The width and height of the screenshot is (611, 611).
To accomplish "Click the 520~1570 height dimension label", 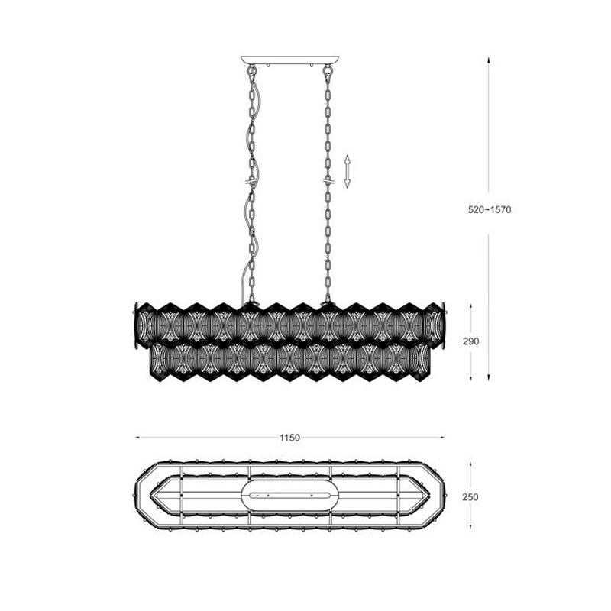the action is (x=490, y=209).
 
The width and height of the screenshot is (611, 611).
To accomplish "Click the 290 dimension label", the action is (x=470, y=341).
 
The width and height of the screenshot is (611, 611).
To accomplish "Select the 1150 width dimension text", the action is (x=289, y=438).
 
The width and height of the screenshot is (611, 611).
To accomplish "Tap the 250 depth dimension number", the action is (x=470, y=497).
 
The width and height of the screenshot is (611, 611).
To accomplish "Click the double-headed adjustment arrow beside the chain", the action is (x=348, y=171).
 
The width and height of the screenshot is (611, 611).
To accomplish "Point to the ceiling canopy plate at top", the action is (x=289, y=60).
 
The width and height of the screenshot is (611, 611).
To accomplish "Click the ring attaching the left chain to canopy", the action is (x=253, y=71).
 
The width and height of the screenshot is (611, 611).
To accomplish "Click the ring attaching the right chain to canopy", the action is (x=328, y=71).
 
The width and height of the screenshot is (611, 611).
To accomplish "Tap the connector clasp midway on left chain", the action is (x=251, y=181).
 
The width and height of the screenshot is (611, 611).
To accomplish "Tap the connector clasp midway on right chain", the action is (x=328, y=181).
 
